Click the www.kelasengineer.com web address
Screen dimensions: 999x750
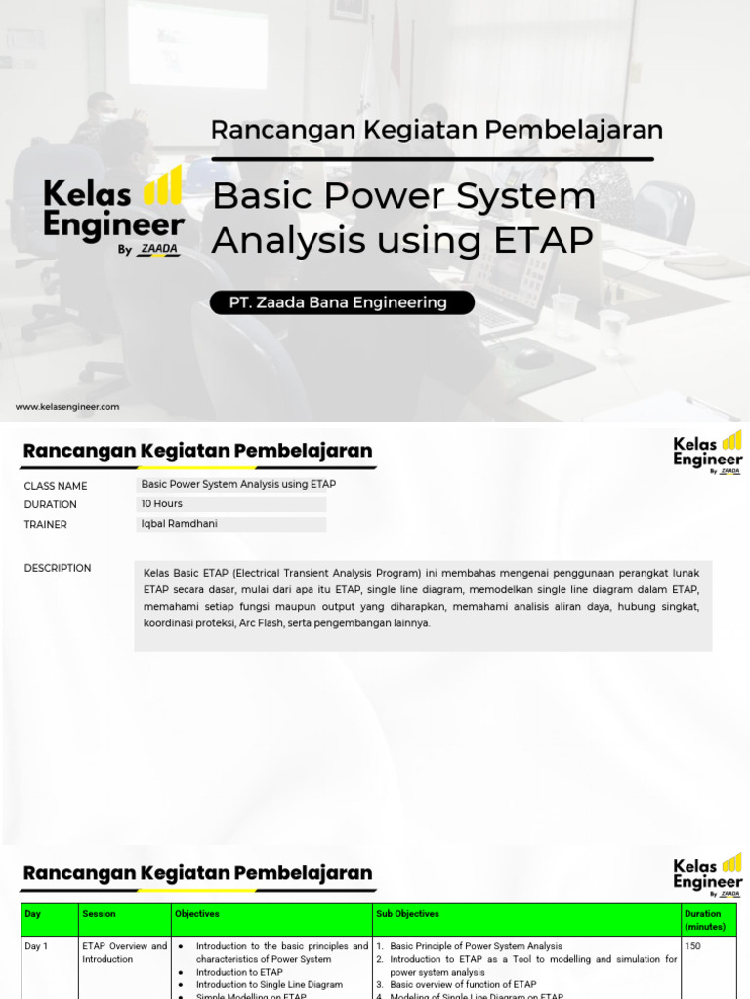(67, 407)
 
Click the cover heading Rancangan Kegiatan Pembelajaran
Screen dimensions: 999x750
(437, 130)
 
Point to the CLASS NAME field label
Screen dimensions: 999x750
(56, 486)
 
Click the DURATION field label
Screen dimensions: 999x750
(51, 504)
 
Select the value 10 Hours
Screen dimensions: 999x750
(162, 504)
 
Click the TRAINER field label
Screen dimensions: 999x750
(46, 524)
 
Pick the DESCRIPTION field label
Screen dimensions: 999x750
(58, 568)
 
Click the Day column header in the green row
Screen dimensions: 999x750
(33, 914)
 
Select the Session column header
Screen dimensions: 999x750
(99, 914)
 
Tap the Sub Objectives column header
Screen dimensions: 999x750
(407, 914)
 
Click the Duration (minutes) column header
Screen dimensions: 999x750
(703, 920)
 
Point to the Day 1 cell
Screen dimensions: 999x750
(36, 946)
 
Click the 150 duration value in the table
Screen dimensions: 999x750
(692, 946)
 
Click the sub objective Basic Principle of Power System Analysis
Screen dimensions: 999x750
(476, 946)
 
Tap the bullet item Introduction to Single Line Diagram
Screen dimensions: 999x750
(269, 984)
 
